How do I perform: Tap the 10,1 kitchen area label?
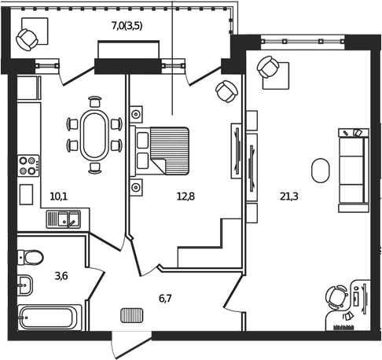pyautogui.click(x=58, y=196)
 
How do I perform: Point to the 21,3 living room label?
pyautogui.click(x=288, y=196)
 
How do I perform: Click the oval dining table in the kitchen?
pyautogui.click(x=95, y=134)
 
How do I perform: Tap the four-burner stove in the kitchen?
pyautogui.click(x=28, y=165)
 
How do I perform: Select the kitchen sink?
pyautogui.click(x=63, y=219)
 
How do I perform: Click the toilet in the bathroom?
pyautogui.click(x=31, y=255)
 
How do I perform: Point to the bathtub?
pyautogui.click(x=46, y=318)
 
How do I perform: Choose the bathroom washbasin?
pyautogui.click(x=24, y=284)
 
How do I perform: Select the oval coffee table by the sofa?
pyautogui.click(x=320, y=170)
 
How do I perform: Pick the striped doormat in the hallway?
pyautogui.click(x=131, y=316)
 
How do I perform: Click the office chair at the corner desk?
pyautogui.click(x=336, y=297)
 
